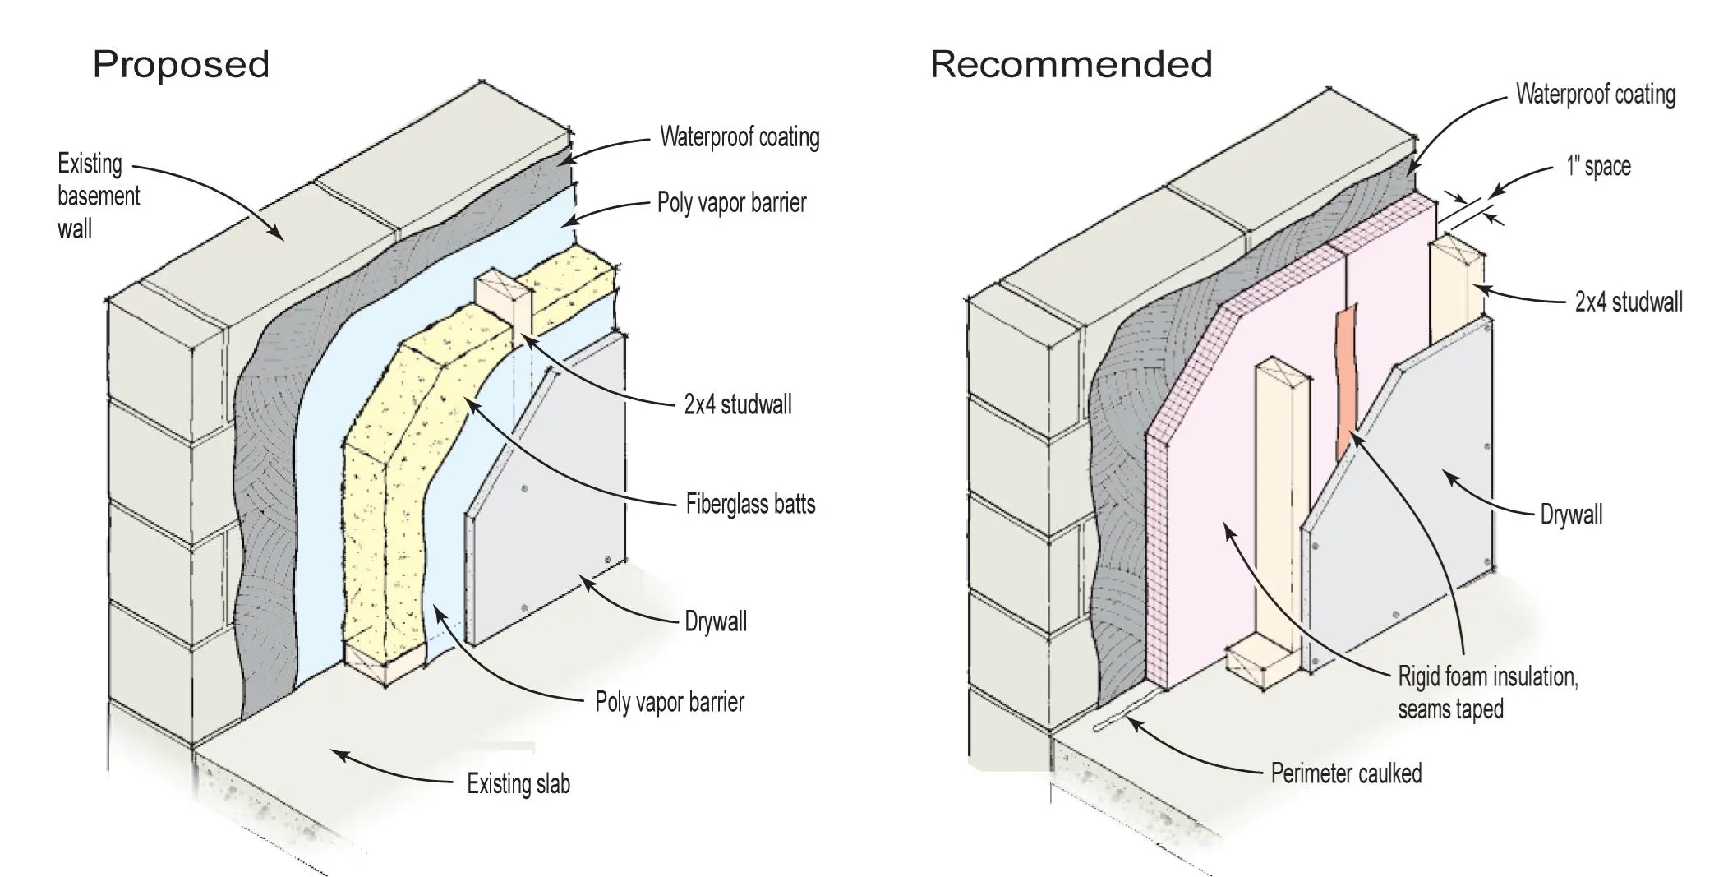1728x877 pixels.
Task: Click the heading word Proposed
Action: pyautogui.click(x=181, y=64)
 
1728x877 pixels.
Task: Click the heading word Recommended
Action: pyautogui.click(x=1071, y=64)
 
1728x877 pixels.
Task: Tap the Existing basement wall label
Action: pyautogui.click(x=98, y=196)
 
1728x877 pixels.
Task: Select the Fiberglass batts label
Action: pyautogui.click(x=750, y=504)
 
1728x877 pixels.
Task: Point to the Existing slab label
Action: pyautogui.click(x=518, y=784)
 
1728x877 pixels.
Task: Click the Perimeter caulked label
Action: pyautogui.click(x=1346, y=773)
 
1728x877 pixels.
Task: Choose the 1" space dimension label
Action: pyautogui.click(x=1597, y=167)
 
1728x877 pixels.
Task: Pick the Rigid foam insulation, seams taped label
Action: pyautogui.click(x=1487, y=693)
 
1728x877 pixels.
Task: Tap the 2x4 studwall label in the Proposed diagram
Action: pyautogui.click(x=738, y=404)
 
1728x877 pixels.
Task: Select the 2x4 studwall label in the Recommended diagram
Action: pyautogui.click(x=1628, y=302)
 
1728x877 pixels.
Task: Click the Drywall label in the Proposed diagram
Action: pyautogui.click(x=716, y=621)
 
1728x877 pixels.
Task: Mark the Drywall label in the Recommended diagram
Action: pyautogui.click(x=1571, y=515)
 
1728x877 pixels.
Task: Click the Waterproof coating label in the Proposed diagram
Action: pyautogui.click(x=740, y=137)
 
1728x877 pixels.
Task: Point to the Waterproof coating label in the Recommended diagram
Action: pyautogui.click(x=1595, y=95)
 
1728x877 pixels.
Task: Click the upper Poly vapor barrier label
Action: pyautogui.click(x=731, y=203)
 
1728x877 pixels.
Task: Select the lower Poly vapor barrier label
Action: pyautogui.click(x=670, y=703)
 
